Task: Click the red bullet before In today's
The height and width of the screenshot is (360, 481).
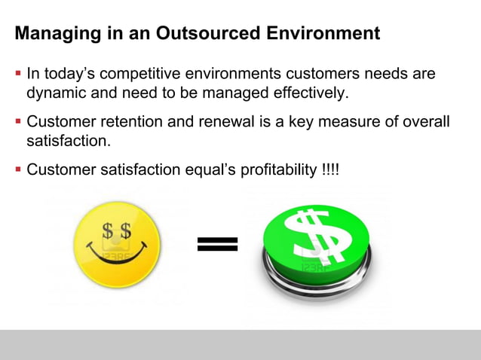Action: point(18,75)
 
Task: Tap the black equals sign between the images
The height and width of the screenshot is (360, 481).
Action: point(218,243)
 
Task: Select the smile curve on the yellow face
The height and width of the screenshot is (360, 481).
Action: point(117,252)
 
